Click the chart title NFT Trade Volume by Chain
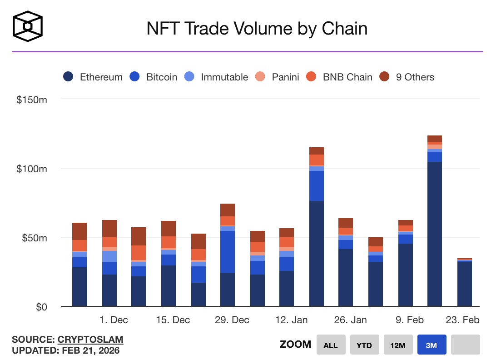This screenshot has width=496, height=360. [257, 29]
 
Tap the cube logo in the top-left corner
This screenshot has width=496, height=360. [28, 26]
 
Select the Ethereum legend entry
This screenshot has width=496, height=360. [93, 77]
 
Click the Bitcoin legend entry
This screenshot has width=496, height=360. [154, 77]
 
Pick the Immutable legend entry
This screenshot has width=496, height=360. [216, 77]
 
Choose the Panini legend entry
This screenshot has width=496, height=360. [277, 77]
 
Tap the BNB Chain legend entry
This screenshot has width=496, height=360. [339, 77]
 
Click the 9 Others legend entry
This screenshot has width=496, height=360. [407, 77]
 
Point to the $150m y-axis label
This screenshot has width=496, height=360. [32, 100]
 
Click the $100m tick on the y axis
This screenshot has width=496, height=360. [32, 169]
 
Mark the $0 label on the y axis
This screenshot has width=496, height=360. [41, 307]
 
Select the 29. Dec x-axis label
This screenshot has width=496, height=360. [232, 320]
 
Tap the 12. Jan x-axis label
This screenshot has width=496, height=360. [291, 320]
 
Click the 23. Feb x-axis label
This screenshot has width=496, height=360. [462, 320]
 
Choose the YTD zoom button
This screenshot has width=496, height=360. [364, 345]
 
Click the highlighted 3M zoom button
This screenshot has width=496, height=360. [432, 345]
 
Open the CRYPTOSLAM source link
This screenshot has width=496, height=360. [90, 340]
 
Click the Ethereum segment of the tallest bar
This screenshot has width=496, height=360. [435, 234]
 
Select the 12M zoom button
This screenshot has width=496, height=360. [398, 345]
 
